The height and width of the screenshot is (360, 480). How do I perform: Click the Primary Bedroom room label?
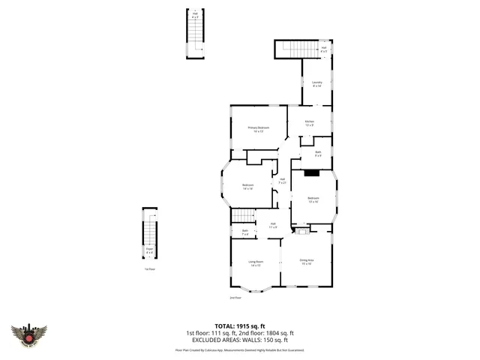click(258, 129)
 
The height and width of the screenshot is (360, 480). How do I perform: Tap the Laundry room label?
click(316, 84)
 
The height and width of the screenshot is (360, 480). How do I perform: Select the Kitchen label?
click(309, 123)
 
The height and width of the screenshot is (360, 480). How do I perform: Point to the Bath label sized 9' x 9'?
click(318, 154)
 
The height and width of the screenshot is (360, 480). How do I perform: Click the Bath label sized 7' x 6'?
click(244, 232)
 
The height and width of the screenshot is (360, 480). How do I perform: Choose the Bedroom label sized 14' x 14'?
click(247, 187)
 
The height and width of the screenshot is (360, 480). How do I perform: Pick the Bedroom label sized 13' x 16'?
click(313, 199)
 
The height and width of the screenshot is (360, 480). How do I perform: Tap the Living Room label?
click(256, 263)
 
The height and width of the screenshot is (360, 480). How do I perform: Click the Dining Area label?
click(307, 262)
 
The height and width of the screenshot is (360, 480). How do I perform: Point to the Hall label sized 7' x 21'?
click(283, 181)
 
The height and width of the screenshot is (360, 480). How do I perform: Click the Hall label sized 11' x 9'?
click(274, 225)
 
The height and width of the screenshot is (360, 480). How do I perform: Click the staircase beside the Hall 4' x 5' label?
click(297, 49)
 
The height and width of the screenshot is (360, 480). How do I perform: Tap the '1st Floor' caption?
click(150, 268)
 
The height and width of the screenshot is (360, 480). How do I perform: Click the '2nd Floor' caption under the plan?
click(235, 298)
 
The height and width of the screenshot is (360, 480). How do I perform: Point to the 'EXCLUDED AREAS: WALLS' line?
click(239, 340)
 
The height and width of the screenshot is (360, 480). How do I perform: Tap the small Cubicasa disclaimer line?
click(239, 349)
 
